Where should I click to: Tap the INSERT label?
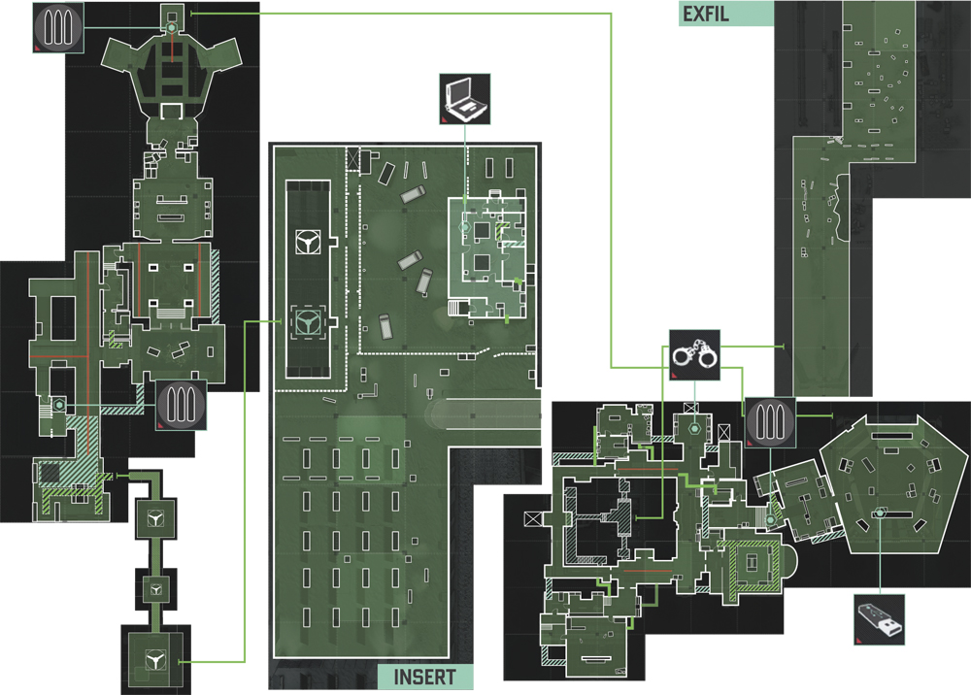pyautogui.click(x=425, y=678)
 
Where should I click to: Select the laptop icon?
pyautogui.click(x=464, y=99)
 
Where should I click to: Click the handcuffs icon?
pyautogui.click(x=694, y=355)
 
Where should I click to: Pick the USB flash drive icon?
pyautogui.click(x=880, y=619)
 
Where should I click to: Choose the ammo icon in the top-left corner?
pyautogui.click(x=58, y=27)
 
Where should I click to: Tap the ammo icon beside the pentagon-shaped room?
pyautogui.click(x=770, y=422)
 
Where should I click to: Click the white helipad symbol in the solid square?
pyautogui.click(x=308, y=241)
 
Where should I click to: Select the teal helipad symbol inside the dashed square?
pyautogui.click(x=308, y=322)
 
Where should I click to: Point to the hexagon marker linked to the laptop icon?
pyautogui.click(x=464, y=228)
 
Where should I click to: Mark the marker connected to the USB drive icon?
pyautogui.click(x=880, y=513)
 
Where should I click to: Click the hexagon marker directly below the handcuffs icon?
pyautogui.click(x=694, y=428)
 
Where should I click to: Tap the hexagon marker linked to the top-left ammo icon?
pyautogui.click(x=171, y=28)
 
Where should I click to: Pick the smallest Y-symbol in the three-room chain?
pyautogui.click(x=156, y=588)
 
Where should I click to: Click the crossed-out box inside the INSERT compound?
pyautogui.click(x=353, y=158)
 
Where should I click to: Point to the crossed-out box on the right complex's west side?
pyautogui.click(x=533, y=518)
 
